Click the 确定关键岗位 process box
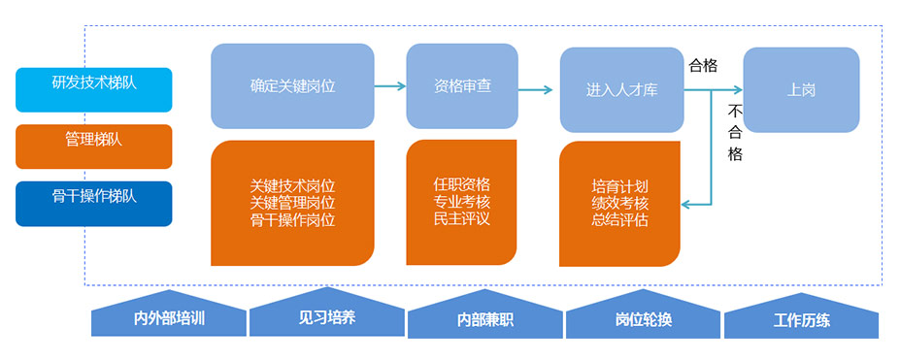[x=292, y=85]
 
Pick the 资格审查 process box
[x=462, y=85]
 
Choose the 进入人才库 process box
[x=621, y=89]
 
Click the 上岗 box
[x=801, y=89]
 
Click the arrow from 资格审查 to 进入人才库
[x=535, y=89]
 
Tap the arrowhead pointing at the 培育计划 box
[x=686, y=204]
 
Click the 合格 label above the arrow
[x=703, y=66]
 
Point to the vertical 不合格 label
[x=735, y=132]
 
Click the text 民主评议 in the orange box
[x=461, y=219]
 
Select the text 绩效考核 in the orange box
[x=619, y=203]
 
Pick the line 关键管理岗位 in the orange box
[x=292, y=203]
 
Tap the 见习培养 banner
[x=326, y=317]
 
